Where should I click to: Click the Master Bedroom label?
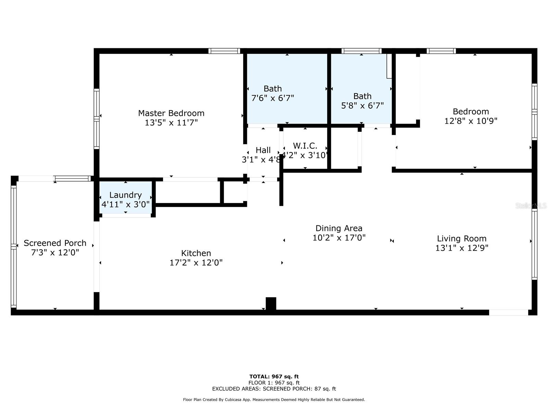(171, 113)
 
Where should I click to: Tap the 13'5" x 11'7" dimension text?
(171, 123)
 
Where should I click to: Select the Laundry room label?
(125, 195)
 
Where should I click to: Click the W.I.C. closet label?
(305, 146)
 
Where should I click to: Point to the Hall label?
(263, 150)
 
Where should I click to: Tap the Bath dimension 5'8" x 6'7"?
(362, 105)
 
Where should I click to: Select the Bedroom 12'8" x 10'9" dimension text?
(471, 121)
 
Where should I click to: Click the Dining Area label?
(339, 228)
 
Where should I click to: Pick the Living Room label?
(461, 238)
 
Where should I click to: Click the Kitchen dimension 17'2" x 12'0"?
(196, 263)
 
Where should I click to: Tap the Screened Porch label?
(55, 243)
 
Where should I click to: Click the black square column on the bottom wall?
(271, 303)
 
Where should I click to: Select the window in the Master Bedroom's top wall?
(224, 51)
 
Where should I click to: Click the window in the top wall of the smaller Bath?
(361, 51)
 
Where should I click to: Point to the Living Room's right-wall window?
(534, 245)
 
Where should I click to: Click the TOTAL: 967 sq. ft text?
(274, 376)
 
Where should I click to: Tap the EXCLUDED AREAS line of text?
(274, 389)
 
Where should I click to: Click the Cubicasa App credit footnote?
(274, 400)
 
